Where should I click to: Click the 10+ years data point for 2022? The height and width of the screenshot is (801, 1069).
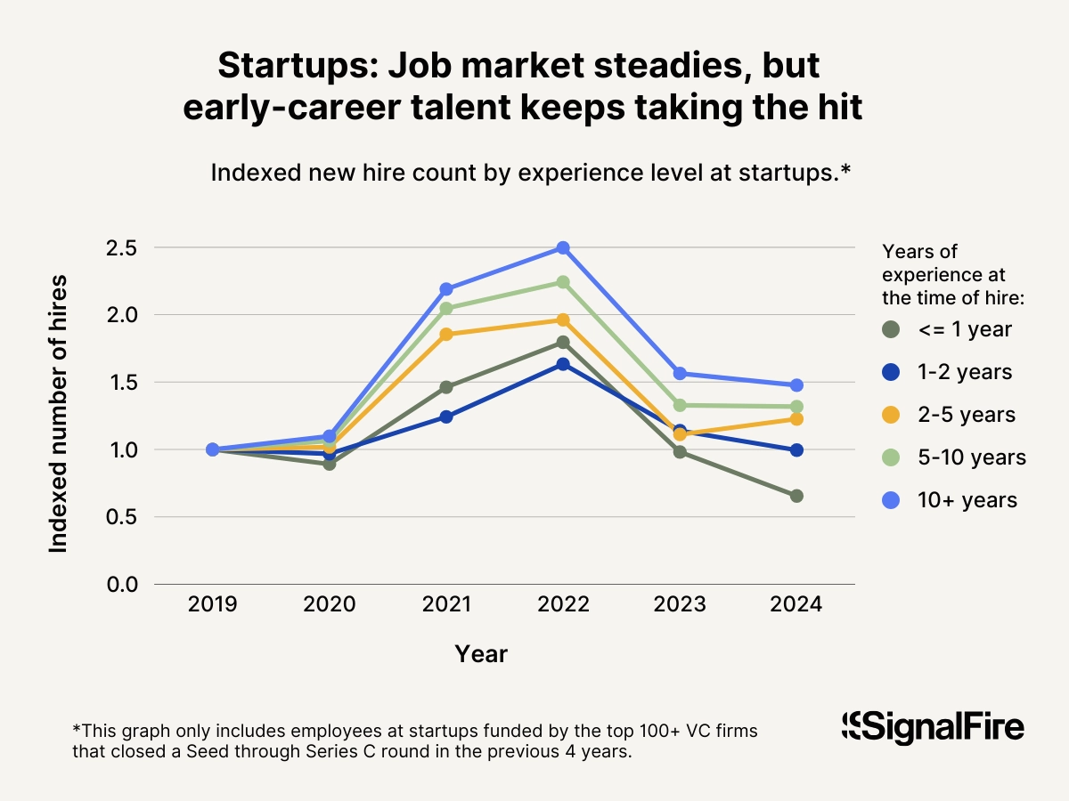(563, 247)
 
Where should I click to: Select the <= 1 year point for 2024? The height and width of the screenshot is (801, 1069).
(796, 496)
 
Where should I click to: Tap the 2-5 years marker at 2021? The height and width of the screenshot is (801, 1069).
(446, 334)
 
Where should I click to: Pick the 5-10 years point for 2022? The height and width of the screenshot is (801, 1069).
(563, 282)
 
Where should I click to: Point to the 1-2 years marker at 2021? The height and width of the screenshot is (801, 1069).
(446, 417)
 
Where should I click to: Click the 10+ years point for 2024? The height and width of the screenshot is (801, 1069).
(796, 385)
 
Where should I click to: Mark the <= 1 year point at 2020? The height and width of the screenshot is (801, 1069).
(330, 464)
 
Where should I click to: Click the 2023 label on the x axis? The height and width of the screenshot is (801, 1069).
(680, 605)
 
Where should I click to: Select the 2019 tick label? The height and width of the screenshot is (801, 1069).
(212, 605)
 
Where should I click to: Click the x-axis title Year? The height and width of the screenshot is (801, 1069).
(481, 655)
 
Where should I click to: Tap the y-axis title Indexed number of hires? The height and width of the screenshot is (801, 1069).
(59, 415)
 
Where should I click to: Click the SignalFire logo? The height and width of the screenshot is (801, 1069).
(934, 726)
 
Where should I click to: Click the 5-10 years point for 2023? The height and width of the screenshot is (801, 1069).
(680, 405)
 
